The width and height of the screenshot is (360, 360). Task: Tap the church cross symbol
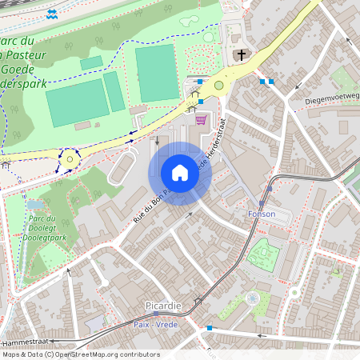point(242,55)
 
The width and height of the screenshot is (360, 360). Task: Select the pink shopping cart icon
point(201,119)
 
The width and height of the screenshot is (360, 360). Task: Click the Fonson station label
point(262,214)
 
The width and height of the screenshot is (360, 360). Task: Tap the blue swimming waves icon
point(52,14)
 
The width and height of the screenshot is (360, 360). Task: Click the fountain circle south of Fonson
point(253,298)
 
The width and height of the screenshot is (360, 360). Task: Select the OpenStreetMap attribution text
point(81,354)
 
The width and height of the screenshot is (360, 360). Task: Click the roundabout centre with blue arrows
point(70,159)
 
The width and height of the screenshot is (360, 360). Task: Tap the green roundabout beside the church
point(218,85)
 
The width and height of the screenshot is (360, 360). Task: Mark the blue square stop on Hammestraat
point(210,328)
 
